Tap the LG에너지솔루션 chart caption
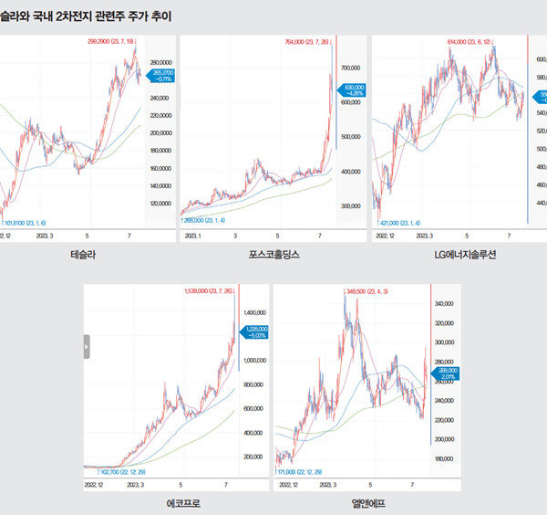click(x=465, y=255)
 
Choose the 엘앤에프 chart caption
click(x=368, y=503)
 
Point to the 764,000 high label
click(x=309, y=41)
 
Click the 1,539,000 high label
click(x=209, y=290)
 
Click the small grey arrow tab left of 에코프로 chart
click(x=87, y=346)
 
